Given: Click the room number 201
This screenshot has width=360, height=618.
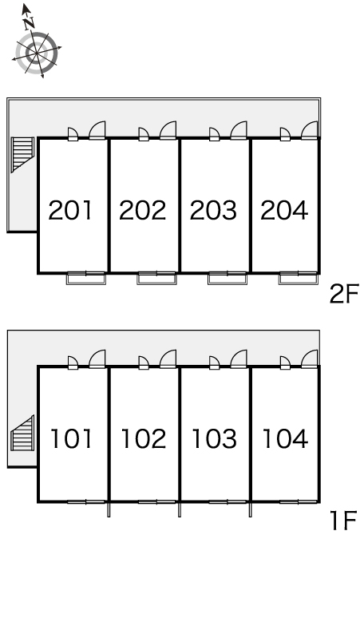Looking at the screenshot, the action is tap(70, 210).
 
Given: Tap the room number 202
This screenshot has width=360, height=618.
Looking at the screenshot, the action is tap(142, 210).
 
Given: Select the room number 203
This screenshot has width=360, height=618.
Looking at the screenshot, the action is tap(213, 210).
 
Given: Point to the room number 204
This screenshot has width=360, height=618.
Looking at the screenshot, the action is tap(284, 210).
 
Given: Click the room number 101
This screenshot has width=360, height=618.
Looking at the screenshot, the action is tap(71, 438).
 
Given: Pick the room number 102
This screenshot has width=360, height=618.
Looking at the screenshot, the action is tap(144, 438).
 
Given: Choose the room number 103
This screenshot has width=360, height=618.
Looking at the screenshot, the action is tap(214, 438).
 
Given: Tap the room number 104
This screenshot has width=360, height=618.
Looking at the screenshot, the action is tap(285, 438).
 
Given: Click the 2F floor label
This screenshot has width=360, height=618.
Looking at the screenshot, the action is tap(344, 294).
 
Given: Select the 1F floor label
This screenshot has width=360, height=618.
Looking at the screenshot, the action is tap(344, 521).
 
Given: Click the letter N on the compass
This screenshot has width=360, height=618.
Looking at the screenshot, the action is tap(29, 23).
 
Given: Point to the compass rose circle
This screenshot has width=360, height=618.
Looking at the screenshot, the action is tap(37, 53).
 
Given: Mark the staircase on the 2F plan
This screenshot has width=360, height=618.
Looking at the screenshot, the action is tap(23, 155).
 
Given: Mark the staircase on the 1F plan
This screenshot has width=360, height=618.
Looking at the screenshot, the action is tap(23, 433).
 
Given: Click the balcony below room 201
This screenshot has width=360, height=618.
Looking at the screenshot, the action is tap(86, 279).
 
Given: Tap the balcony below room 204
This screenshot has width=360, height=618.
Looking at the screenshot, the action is tap(299, 279).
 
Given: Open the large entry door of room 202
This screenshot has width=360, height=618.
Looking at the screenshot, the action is tap(168, 130).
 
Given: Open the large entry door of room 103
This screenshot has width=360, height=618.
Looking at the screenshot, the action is tap(239, 359).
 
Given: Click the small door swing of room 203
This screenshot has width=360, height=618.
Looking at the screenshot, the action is tap(214, 134).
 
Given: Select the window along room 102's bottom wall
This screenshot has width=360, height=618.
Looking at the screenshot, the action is tap(156, 501).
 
